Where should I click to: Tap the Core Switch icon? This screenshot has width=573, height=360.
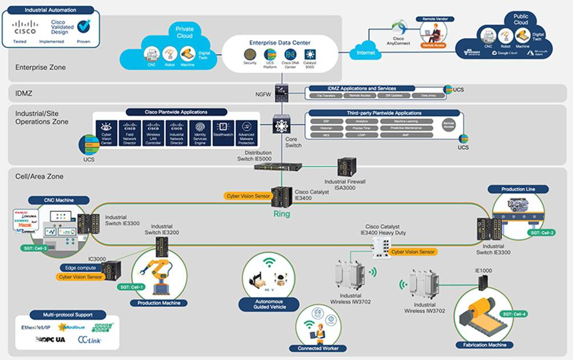click(x=282, y=125)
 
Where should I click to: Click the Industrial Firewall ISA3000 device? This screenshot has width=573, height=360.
click(x=346, y=167)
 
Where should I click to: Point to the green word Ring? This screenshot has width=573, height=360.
click(x=282, y=214)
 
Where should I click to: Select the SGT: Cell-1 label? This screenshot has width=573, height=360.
click(x=133, y=287)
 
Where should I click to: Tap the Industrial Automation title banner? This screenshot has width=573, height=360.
click(x=51, y=10)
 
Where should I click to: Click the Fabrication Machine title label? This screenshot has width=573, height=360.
click(x=485, y=345)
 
